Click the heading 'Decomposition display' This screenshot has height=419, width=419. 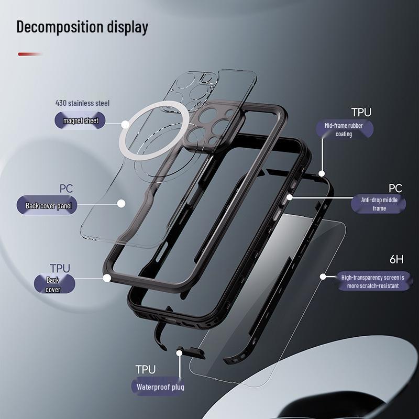(82, 27)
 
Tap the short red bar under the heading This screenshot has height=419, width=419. (30, 54)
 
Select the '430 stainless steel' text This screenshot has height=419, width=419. (82, 103)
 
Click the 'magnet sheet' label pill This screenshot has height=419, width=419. (80, 120)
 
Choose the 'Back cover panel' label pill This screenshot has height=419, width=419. (47, 205)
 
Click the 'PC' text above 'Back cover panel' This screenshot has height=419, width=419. (66, 189)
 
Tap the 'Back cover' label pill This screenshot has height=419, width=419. (54, 284)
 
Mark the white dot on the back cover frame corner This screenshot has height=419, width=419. (107, 278)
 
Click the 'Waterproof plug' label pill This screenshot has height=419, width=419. (160, 387)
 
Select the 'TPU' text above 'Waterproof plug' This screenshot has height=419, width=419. (146, 370)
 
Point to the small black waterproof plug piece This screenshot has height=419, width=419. (191, 352)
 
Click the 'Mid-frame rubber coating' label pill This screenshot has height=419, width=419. (345, 129)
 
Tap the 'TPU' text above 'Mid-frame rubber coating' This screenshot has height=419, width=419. (361, 112)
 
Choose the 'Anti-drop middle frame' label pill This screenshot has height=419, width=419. (378, 204)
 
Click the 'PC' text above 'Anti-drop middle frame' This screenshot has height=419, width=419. (395, 189)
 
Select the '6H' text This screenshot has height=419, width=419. (396, 259)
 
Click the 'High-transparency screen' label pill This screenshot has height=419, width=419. (373, 281)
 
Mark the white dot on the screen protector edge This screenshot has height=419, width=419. (323, 277)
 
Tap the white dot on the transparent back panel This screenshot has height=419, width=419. (122, 204)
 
